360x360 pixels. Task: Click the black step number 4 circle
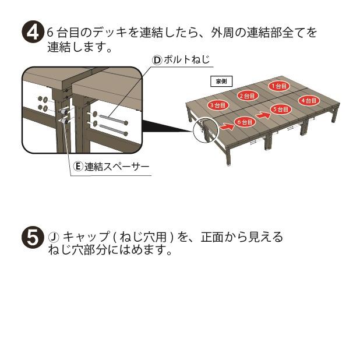pos(31,33)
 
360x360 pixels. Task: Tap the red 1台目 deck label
pos(278,86)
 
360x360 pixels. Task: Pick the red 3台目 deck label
pos(218,105)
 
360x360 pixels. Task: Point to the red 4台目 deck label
pos(309,100)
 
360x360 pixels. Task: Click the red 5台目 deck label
pos(280,109)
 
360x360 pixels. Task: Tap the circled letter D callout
pos(157,59)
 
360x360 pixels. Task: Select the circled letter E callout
pos(78,167)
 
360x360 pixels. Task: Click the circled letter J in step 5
pos(53,237)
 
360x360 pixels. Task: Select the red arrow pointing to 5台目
pos(260,110)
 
